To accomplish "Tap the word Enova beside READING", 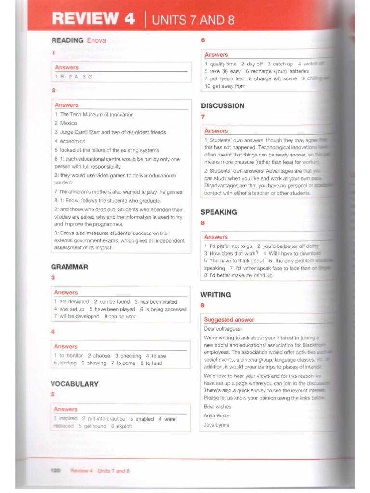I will point(96,40).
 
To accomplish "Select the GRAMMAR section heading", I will point(69,267).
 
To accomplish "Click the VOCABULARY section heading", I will point(74,384).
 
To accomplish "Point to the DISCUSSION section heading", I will point(222,106).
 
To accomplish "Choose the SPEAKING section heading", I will point(218,212).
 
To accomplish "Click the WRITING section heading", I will point(215,294).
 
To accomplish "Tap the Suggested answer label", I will point(229,319).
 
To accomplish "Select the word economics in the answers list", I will point(72,141).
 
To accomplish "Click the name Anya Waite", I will point(216,415).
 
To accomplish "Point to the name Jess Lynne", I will point(216,425).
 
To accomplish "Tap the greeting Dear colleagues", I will point(222,329).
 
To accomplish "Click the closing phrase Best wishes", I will point(217,407).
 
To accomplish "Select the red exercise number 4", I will point(53,331).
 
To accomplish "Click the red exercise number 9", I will point(202,305).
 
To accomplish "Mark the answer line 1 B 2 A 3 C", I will point(73,77).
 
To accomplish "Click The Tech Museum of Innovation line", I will point(96,115).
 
